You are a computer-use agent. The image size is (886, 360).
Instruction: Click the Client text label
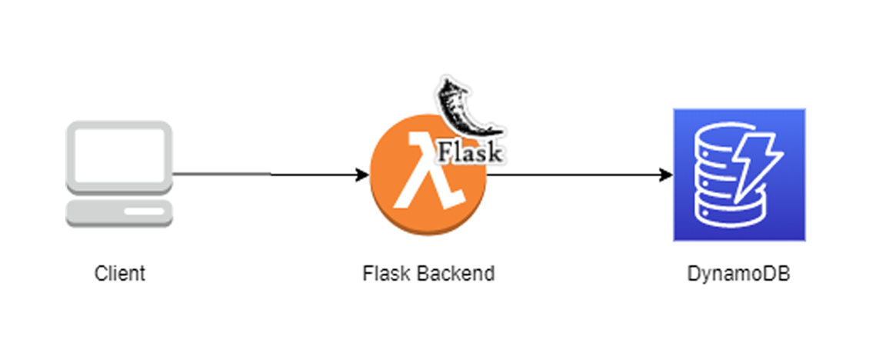pos(119,273)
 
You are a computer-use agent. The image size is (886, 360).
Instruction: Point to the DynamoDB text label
pos(738,273)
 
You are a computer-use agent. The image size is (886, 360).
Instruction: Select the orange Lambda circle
pos(400,204)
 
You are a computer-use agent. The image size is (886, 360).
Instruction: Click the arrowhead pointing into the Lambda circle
pos(364,175)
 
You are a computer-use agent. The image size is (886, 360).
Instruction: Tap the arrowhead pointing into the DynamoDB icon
pos(667,175)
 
